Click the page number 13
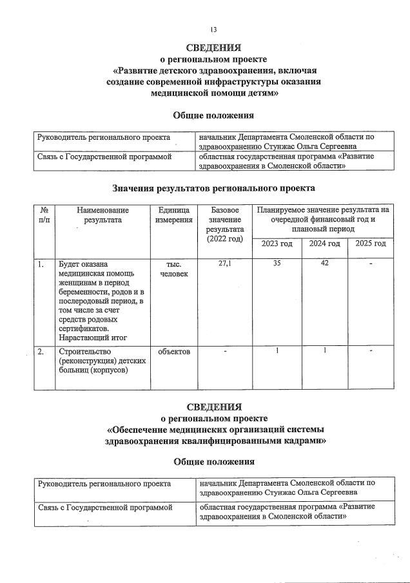tap(213, 30)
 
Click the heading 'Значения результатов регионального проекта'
tap(213, 188)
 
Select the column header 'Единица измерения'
tap(173, 215)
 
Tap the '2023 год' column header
tap(277, 244)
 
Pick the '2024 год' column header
tap(324, 244)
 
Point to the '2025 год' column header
tap(370, 244)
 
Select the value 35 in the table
tap(277, 264)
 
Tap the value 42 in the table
tap(324, 264)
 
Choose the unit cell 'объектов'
tap(173, 352)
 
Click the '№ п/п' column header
tap(44, 215)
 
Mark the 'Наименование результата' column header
tap(102, 215)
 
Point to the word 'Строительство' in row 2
tap(85, 352)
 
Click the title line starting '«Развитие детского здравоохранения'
tap(213, 70)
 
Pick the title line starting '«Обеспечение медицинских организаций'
tap(213, 430)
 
